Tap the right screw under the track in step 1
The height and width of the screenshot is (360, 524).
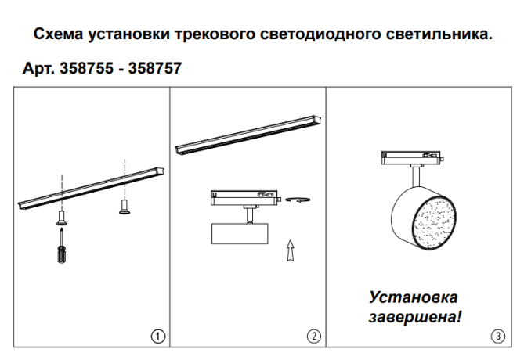tap(123, 207)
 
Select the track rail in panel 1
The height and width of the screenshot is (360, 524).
tap(90, 188)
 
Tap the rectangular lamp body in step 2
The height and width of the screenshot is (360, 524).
tap(240, 232)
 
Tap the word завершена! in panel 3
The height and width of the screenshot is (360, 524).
tap(414, 319)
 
